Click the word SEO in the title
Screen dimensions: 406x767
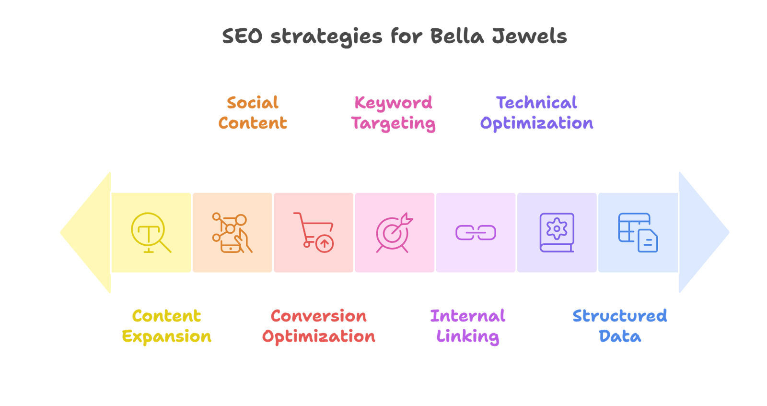(x=242, y=36)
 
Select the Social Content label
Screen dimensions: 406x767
(x=253, y=113)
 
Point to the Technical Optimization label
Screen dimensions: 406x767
(x=536, y=113)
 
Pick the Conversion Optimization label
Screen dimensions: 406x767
(x=319, y=326)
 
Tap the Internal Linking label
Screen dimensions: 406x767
(x=468, y=326)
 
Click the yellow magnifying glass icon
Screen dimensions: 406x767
(x=151, y=233)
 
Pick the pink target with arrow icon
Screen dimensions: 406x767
(x=394, y=233)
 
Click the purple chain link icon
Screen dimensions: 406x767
(x=476, y=233)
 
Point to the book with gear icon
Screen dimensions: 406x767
(x=557, y=233)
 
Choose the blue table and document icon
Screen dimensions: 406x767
(x=638, y=233)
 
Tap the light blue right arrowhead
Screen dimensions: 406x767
(x=702, y=232)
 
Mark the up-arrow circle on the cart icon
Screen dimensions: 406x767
(x=325, y=244)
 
